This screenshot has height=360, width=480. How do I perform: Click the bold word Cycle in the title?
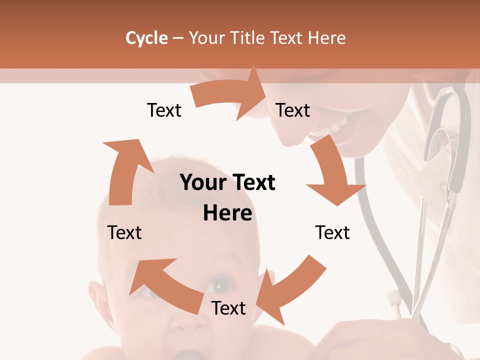click(x=146, y=38)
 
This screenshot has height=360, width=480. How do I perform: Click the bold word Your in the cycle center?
click(x=202, y=182)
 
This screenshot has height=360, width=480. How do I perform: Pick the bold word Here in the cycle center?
click(x=227, y=213)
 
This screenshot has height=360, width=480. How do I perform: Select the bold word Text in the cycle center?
click(x=251, y=182)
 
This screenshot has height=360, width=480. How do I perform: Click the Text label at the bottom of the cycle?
click(x=228, y=308)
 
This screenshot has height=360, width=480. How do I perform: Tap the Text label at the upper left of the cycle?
click(x=164, y=110)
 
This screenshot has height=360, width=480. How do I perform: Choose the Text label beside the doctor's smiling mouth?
click(x=293, y=110)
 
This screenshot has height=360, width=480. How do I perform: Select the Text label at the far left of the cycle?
click(x=124, y=232)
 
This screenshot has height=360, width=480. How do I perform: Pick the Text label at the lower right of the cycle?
click(x=332, y=232)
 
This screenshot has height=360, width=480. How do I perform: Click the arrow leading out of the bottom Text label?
click(x=165, y=285)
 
